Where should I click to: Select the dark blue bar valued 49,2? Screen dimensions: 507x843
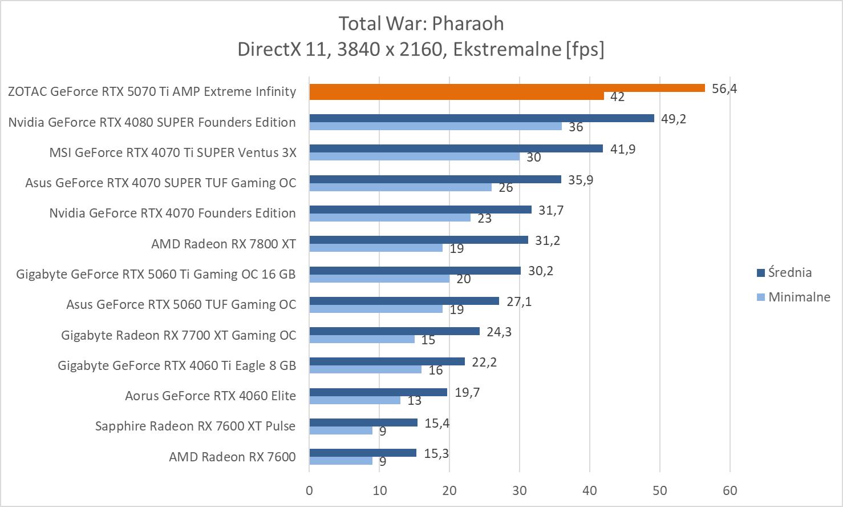coord(481,118)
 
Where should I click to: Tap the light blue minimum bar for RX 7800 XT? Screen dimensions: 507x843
coord(376,248)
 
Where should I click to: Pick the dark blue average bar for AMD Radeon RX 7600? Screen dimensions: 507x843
coord(363,453)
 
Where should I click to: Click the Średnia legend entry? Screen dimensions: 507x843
coord(789,272)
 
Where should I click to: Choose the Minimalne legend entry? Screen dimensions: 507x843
coord(799,297)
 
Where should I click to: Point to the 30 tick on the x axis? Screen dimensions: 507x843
coord(520,490)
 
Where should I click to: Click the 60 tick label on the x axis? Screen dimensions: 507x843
coord(730,490)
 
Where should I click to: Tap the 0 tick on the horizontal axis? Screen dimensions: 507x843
coord(309,490)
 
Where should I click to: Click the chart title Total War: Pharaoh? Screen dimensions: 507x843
coord(421,23)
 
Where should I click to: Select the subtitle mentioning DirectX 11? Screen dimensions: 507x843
coord(421,49)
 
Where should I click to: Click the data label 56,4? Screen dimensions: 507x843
coord(724,88)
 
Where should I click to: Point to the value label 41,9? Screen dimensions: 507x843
coord(623,149)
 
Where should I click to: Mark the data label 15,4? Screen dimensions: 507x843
coord(437,423)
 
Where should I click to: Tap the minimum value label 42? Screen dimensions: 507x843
coord(617,97)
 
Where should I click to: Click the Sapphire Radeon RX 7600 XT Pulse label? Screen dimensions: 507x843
coord(195,426)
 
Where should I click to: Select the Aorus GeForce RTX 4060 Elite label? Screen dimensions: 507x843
coord(210,396)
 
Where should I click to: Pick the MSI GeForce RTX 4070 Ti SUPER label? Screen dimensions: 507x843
coord(173,152)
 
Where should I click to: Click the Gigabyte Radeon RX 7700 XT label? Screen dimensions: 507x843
coord(179,335)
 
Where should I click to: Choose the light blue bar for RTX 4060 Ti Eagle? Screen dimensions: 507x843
coord(365,369)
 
